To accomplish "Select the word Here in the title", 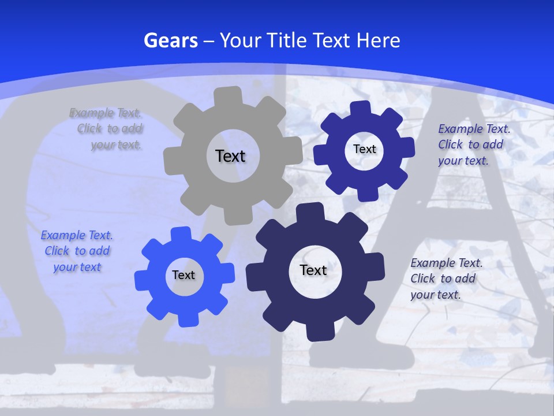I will pos(378,40).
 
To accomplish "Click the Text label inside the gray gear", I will pos(230,156).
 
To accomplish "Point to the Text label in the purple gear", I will pos(364,149).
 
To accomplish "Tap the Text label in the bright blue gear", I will pos(184,275).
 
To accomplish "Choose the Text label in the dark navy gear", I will pos(313,270).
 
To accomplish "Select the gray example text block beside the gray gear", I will pos(107,129).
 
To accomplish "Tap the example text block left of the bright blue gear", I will pos(77,251).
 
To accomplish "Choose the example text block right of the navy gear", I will pos(444,278).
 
